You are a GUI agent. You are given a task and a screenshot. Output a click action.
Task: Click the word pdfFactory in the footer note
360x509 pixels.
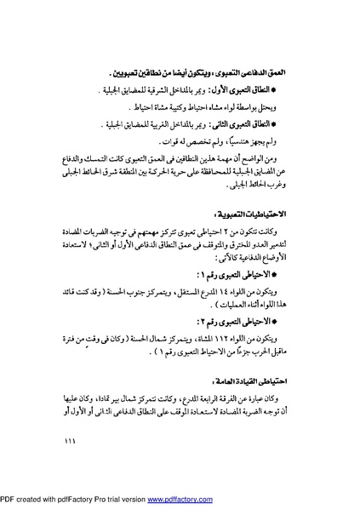tap(77, 501)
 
